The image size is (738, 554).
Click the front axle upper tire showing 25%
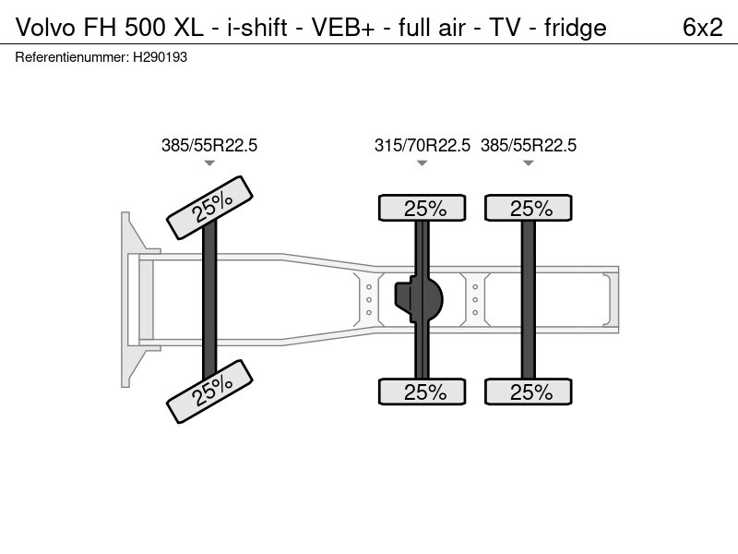click(x=209, y=208)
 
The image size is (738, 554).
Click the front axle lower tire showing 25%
click(x=209, y=391)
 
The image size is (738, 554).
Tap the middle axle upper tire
click(x=423, y=208)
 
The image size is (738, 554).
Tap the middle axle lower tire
click(x=423, y=391)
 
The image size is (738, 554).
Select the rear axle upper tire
click(x=529, y=208)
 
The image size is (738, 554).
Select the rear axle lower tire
click(x=529, y=391)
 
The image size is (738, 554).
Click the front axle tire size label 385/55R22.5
click(x=209, y=145)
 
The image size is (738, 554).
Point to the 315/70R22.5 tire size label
click(x=423, y=145)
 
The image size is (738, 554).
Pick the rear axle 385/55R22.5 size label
click(x=529, y=145)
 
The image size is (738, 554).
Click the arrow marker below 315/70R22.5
click(x=423, y=163)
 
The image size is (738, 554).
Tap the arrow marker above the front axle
click(x=209, y=163)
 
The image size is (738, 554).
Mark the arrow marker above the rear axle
click(x=529, y=163)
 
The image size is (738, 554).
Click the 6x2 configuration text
click(x=702, y=28)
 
